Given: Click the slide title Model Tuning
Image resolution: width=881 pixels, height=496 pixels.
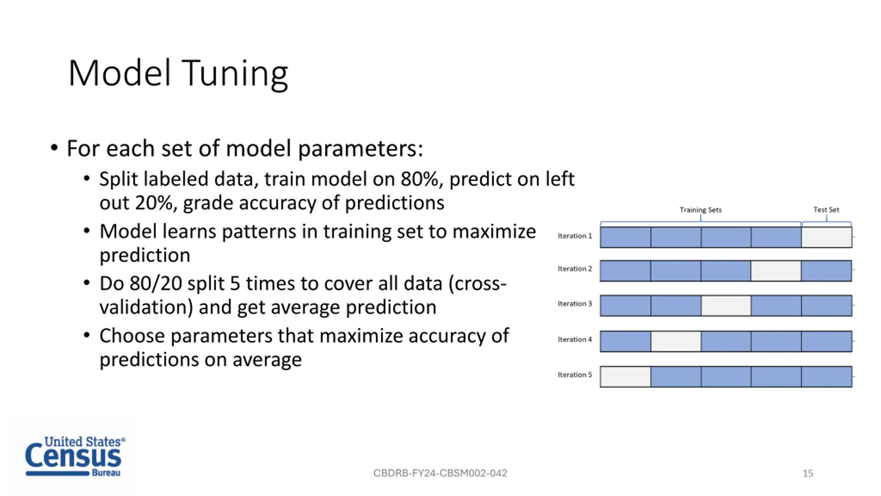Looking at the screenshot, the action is (x=178, y=74).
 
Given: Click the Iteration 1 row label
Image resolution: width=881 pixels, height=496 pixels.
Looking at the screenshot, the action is (x=575, y=236).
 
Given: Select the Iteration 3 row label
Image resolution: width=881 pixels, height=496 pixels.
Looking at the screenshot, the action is (x=575, y=304).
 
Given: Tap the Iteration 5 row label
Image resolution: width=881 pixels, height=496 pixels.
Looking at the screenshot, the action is (x=575, y=375).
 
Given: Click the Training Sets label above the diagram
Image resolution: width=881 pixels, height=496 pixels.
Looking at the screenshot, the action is (x=701, y=210).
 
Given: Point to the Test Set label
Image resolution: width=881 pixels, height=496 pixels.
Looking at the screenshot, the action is (x=826, y=209).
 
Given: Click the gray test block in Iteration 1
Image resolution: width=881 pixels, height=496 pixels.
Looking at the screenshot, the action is (x=827, y=237).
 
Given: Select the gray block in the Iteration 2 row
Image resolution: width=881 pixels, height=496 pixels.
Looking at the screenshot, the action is (x=776, y=271).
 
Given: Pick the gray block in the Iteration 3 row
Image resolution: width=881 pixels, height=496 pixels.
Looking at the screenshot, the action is (x=726, y=306).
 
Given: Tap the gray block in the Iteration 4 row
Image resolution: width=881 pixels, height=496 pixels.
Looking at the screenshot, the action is (x=676, y=341).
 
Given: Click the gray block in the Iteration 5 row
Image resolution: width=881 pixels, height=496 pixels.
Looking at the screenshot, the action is (x=626, y=377).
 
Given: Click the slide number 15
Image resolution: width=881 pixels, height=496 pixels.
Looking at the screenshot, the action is (x=808, y=474).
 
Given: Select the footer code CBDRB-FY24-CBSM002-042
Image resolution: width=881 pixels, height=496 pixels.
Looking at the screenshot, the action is (x=440, y=473).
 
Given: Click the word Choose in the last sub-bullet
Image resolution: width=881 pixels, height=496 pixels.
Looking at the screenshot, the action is (x=132, y=336).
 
